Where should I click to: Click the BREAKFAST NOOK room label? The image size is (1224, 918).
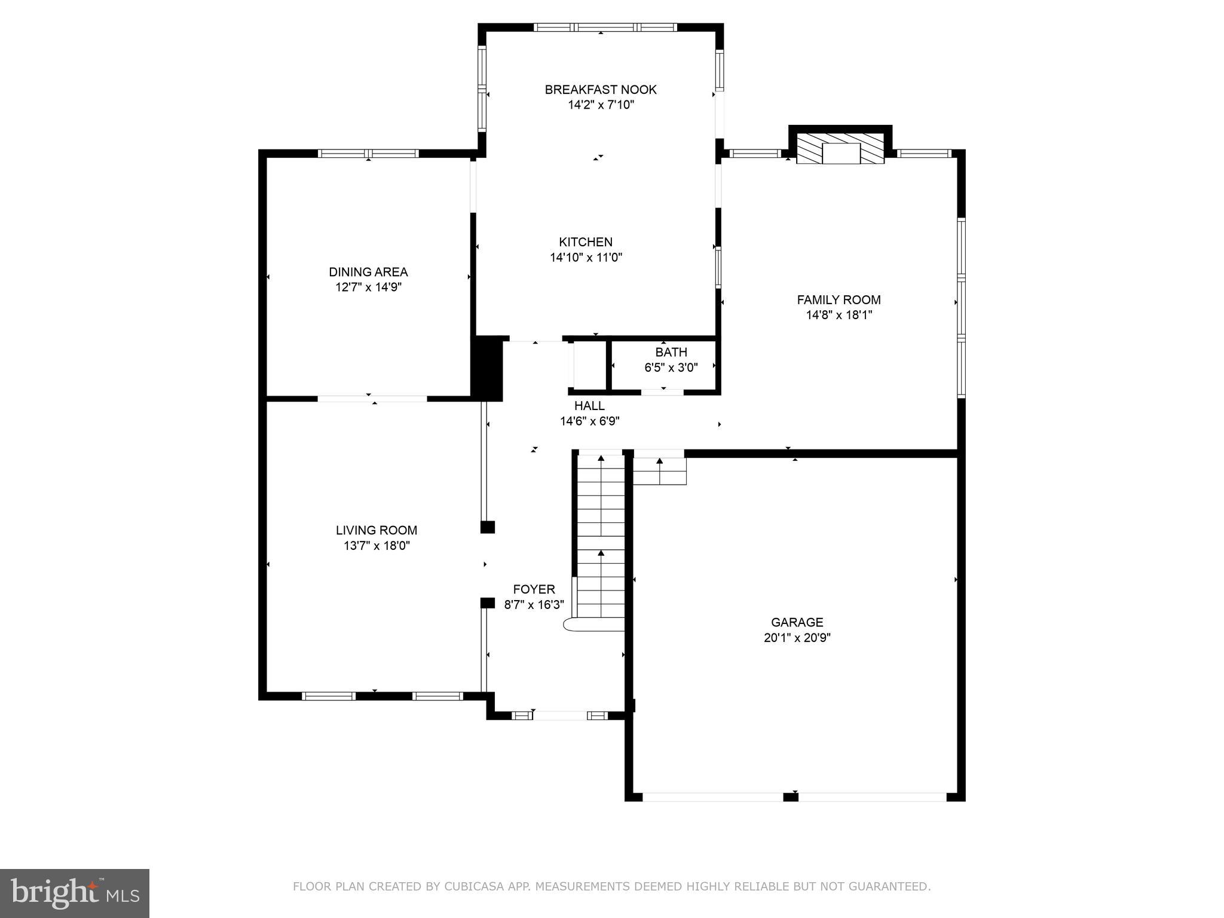coord(600,90)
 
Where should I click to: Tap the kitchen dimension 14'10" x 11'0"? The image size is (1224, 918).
coord(586,258)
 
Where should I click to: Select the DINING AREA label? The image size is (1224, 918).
coord(368,272)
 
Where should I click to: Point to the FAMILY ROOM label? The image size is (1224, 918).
coord(839,300)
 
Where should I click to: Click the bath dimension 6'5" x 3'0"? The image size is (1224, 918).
coord(671,368)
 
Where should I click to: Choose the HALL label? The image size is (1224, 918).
coord(589,406)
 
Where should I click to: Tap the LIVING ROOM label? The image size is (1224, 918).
coord(376,530)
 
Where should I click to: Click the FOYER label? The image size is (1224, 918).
coord(534,589)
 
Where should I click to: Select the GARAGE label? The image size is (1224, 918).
coord(797,622)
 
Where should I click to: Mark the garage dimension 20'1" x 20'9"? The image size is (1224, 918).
coord(797,638)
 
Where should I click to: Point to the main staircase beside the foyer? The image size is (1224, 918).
coord(600,538)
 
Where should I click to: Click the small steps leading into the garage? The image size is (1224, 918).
coord(659,470)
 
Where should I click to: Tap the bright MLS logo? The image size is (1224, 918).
coord(75,893)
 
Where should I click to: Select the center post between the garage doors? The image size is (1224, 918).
coord(790,796)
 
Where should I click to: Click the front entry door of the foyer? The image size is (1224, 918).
coord(560,715)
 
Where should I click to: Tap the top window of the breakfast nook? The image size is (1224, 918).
coord(605,27)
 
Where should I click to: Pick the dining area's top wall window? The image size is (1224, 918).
coord(368,154)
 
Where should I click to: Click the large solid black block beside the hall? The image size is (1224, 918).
coord(487,368)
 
